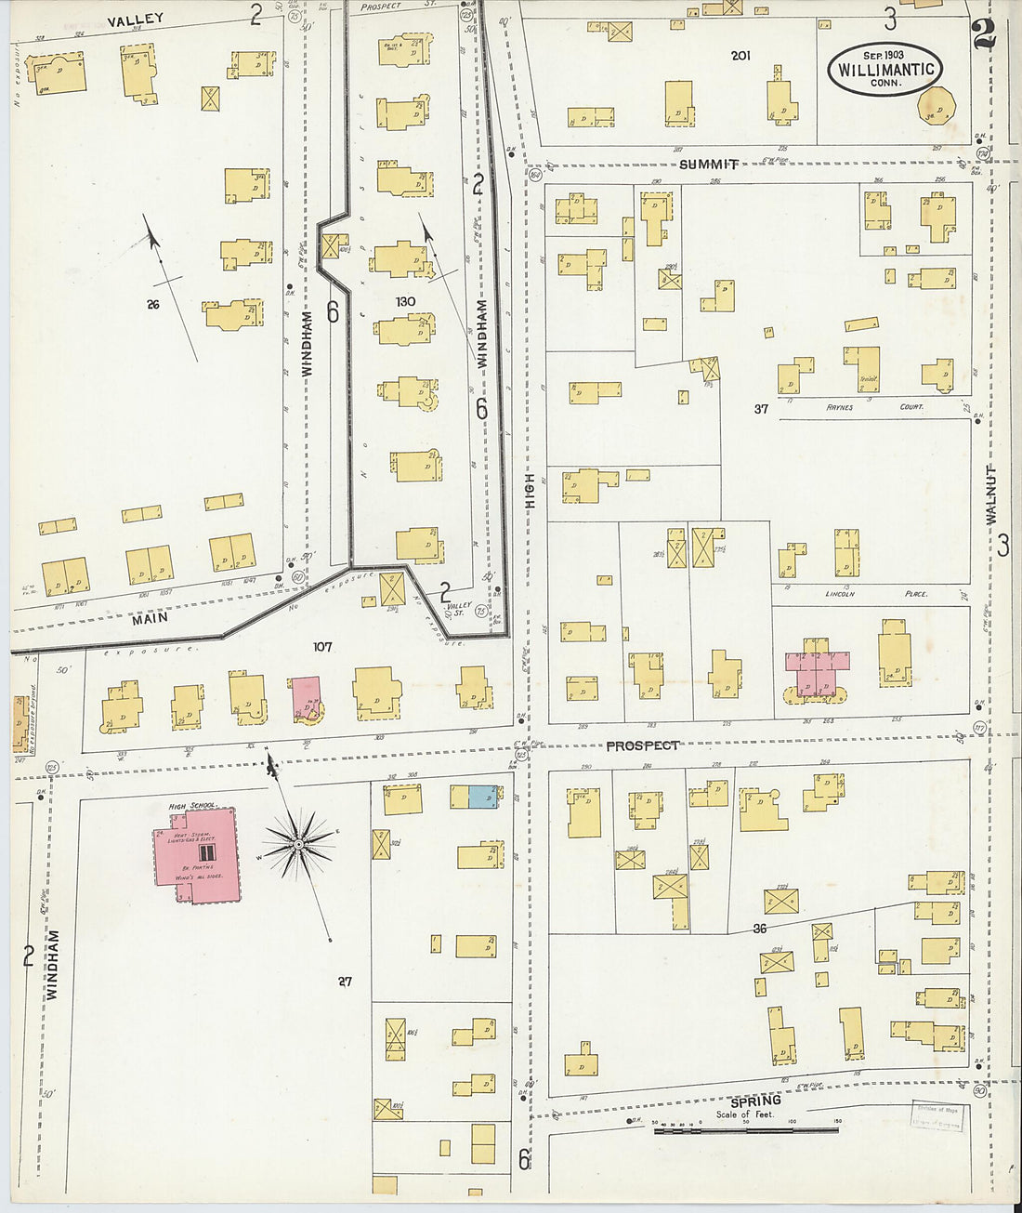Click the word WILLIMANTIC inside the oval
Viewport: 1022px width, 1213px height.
pos(884,70)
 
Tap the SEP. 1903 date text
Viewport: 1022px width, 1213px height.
pos(884,55)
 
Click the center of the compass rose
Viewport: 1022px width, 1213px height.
pos(298,844)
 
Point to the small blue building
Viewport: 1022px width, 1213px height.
pos(481,797)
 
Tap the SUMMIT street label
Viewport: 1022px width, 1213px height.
pos(709,165)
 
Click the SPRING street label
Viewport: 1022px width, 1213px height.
pos(754,1101)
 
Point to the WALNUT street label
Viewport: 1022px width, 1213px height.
pos(990,494)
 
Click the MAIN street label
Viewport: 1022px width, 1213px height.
pos(150,618)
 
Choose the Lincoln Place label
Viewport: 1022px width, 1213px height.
pos(876,593)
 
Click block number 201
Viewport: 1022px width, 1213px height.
pos(740,56)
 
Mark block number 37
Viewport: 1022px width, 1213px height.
pos(761,408)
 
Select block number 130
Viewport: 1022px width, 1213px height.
pos(405,301)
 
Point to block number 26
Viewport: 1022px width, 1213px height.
pos(153,303)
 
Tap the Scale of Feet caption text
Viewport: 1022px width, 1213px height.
pos(744,1114)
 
